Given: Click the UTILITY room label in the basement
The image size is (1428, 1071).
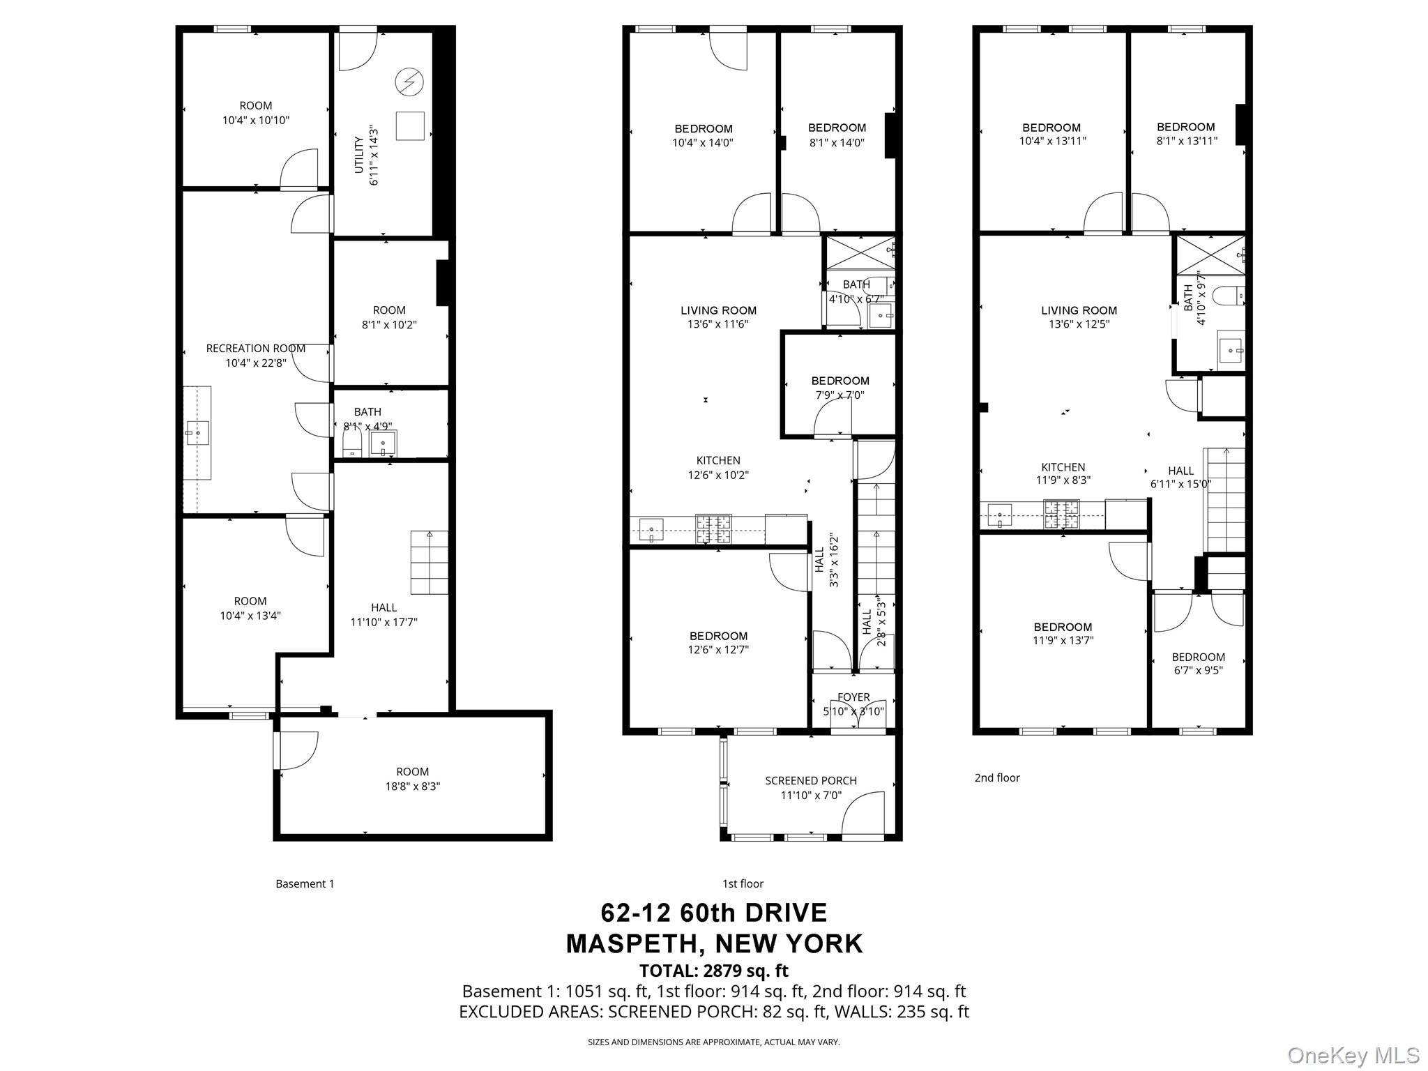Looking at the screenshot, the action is click(358, 155).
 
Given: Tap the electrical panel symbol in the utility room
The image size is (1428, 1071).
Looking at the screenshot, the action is click(409, 82).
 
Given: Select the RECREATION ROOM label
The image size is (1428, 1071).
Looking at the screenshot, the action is click(255, 349).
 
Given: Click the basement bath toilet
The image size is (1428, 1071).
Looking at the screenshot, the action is click(352, 442).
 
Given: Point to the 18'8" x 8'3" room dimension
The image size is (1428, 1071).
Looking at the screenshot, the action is click(412, 787).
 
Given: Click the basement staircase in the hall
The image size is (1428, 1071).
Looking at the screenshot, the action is click(429, 562).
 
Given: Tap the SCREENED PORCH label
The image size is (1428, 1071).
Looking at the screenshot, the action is click(810, 780).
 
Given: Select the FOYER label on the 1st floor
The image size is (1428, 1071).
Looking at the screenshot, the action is click(853, 697).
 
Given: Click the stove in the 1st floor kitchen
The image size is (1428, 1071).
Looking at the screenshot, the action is click(713, 529).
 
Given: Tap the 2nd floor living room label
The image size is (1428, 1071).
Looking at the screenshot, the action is click(1079, 310).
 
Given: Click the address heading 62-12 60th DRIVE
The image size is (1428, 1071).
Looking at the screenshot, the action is click(713, 913).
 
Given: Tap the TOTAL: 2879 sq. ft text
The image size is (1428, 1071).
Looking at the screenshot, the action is click(713, 971).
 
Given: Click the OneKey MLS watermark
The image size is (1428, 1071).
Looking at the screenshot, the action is click(1353, 1054).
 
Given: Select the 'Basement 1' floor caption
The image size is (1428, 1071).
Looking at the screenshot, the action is click(305, 883).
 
